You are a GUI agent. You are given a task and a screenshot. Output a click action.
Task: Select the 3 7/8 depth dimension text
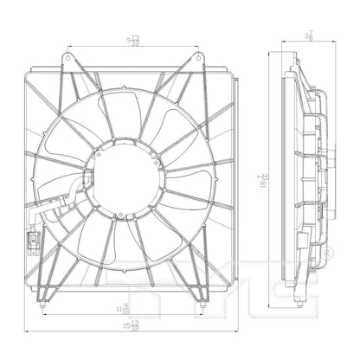coord(308,36)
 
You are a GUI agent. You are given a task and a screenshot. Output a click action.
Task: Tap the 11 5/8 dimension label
coord(127,306)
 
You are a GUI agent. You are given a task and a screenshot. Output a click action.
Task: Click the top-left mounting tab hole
coord(65,58)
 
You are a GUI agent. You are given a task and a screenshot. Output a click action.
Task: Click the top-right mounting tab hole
coord(201,58)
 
